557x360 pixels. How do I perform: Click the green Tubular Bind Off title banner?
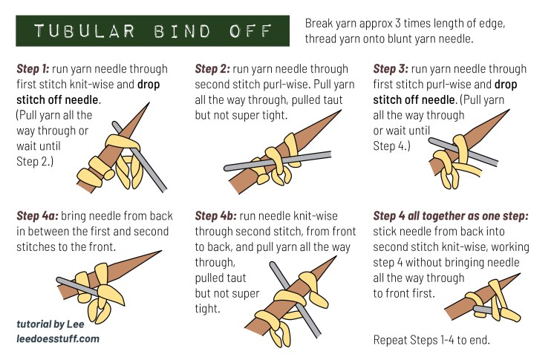pos(152,32)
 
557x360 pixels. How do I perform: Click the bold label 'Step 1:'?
pos(33,69)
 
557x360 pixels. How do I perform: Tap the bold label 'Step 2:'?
pos(212,69)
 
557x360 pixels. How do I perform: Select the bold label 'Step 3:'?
pos(390,69)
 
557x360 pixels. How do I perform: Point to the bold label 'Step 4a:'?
pos(36,216)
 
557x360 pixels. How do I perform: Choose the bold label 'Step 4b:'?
pos(215,216)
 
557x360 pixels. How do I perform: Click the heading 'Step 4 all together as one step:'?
pos(451,216)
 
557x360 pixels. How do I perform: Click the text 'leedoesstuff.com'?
pos(57,338)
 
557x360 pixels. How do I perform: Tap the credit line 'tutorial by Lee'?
pos(53,324)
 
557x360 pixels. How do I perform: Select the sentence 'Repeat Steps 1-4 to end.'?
pos(431,341)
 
